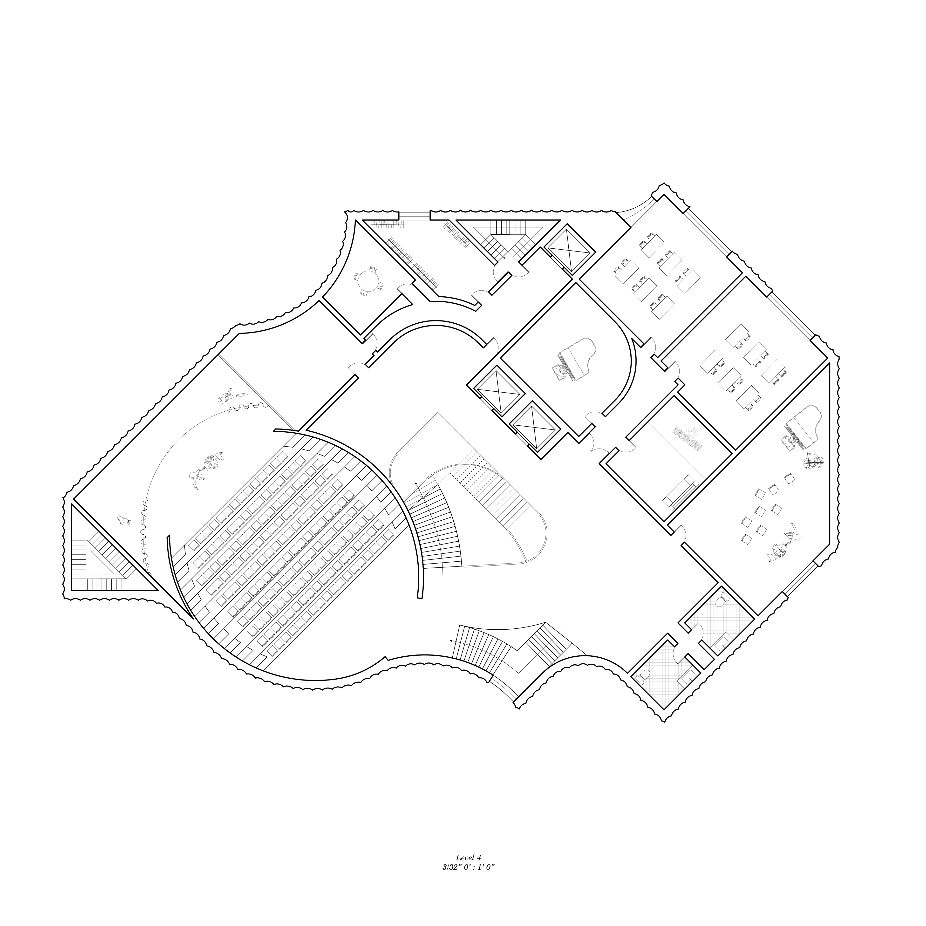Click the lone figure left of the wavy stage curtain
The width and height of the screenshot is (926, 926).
[x=124, y=521]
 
